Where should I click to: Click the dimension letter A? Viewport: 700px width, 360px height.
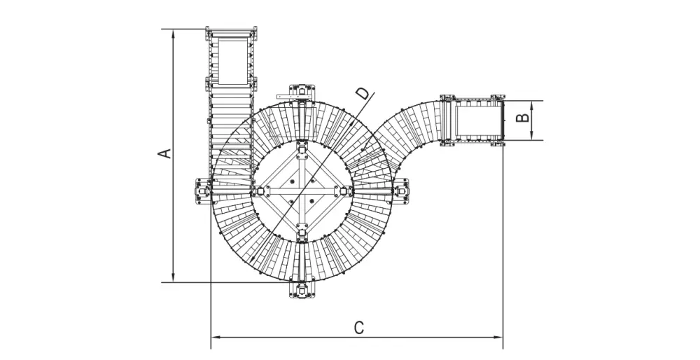[165, 153]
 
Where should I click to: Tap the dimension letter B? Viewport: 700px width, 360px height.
[521, 119]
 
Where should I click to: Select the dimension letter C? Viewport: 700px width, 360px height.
[358, 327]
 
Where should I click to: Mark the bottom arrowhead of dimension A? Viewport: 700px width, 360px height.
[173, 279]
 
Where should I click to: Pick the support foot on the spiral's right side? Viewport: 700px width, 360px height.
[402, 190]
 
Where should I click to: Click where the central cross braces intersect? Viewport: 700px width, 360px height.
[302, 190]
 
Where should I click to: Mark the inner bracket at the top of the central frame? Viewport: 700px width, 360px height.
[302, 148]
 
